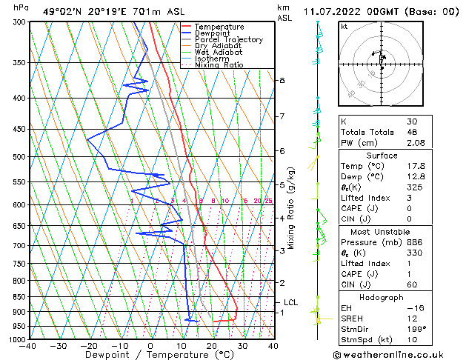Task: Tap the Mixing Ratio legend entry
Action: coord(219,65)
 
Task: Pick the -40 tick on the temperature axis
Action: coord(29,345)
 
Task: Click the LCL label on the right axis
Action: coord(291,302)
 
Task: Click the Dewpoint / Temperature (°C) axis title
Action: coord(151,355)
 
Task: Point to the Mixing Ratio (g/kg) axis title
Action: coord(291,207)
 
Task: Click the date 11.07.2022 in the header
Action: coord(341,11)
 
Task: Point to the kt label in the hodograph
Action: coord(344,27)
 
